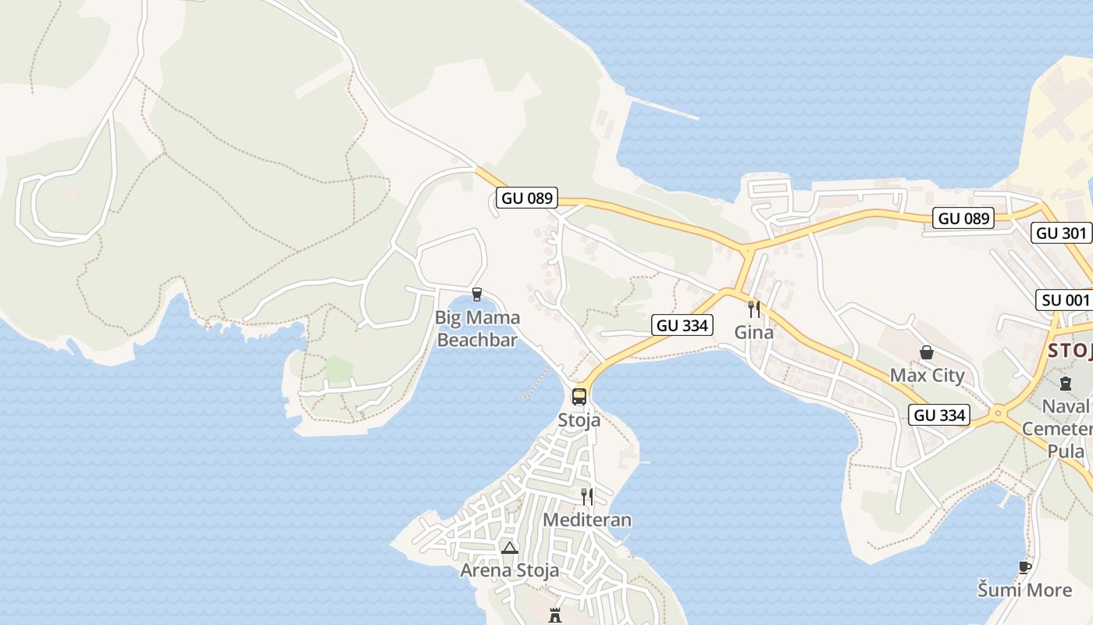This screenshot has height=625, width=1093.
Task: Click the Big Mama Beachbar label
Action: click(477, 329)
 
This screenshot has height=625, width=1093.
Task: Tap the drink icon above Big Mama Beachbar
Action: click(477, 295)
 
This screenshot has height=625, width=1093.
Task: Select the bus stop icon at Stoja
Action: click(579, 396)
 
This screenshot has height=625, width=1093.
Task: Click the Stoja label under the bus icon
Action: click(579, 420)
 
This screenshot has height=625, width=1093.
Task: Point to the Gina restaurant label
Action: click(753, 332)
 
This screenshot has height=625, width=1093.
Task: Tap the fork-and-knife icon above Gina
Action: click(753, 309)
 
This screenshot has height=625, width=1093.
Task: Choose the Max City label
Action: click(927, 375)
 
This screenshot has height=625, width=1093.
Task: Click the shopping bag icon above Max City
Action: click(927, 352)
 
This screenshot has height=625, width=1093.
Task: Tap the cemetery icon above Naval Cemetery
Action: click(1066, 383)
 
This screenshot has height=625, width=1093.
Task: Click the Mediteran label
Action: click(586, 520)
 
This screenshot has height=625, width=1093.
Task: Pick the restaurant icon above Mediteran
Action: click(586, 496)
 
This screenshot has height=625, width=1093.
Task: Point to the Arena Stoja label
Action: click(509, 570)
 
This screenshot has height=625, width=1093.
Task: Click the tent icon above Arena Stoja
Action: click(510, 548)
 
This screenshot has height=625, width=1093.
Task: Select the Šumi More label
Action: click(1024, 590)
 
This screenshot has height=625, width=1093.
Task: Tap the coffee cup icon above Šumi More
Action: click(1024, 567)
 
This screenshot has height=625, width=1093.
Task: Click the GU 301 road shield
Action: click(1061, 233)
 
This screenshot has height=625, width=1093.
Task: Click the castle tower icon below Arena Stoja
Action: click(555, 615)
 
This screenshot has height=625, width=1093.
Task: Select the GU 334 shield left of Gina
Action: click(682, 325)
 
